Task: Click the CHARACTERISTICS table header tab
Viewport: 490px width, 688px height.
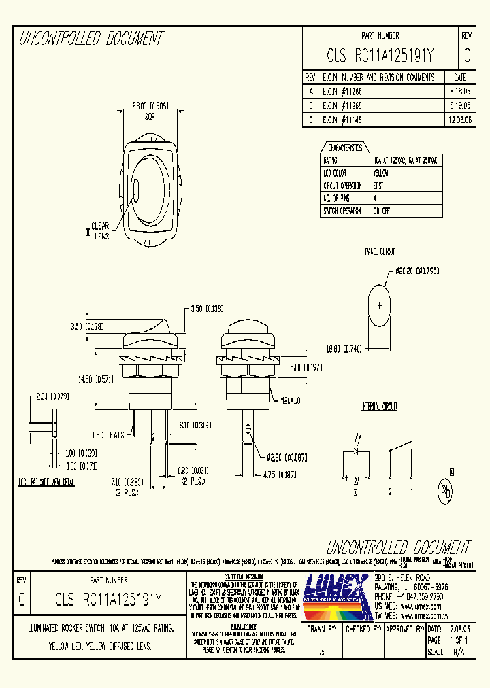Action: pos(345,148)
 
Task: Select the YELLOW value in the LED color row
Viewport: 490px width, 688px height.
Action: pos(381,173)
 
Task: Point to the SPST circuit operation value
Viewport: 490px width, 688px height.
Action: pos(378,186)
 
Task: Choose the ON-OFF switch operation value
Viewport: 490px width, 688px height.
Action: pos(381,211)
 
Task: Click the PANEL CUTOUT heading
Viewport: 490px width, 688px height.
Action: pos(380,252)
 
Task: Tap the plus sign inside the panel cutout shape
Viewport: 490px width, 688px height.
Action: pos(379,305)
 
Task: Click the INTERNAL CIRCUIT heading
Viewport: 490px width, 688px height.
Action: pos(380,407)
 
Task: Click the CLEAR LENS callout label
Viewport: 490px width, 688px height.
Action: pos(100,230)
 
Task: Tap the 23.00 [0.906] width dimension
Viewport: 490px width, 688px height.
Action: pos(150,105)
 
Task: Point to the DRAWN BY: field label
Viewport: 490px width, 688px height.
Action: pos(323,630)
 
